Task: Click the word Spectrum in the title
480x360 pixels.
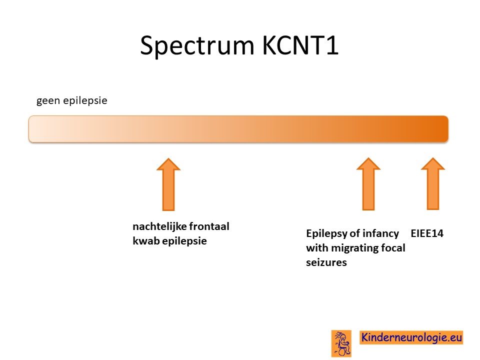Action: click(x=197, y=46)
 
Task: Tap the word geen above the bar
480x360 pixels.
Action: click(x=48, y=101)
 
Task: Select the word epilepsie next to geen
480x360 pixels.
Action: click(x=85, y=100)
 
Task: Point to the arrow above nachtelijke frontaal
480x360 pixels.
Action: click(x=168, y=184)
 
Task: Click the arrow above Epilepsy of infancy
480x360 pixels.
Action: click(x=368, y=184)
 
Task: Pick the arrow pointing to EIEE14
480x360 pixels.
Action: click(x=433, y=183)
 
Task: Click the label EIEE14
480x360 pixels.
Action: click(x=427, y=233)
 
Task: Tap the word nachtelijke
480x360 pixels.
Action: click(x=155, y=226)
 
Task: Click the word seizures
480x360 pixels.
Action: click(x=326, y=262)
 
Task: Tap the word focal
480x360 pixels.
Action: click(x=393, y=247)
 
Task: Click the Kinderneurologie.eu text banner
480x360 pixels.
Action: click(x=411, y=337)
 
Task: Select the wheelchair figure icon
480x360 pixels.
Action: click(x=341, y=343)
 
